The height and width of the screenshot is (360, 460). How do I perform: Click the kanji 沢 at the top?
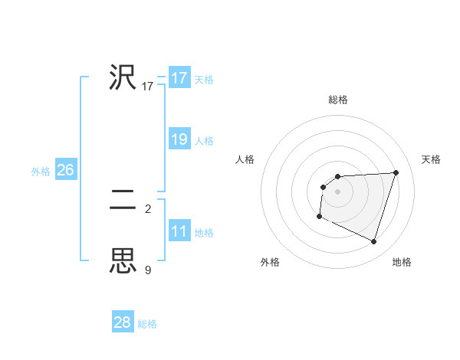coord(123,77)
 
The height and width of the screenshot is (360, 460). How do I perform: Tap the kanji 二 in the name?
coord(123,201)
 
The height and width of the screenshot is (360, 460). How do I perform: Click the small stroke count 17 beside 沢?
coord(148,87)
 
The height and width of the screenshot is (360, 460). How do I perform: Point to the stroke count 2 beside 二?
coord(148,208)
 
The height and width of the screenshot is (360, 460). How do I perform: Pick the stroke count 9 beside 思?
coord(148,270)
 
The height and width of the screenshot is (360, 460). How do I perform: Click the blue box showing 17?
coord(179,78)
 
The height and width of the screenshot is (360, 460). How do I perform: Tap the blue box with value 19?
coord(179,139)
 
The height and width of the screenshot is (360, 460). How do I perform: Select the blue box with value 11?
coord(179,231)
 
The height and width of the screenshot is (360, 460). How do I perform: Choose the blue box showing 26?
coord(66,170)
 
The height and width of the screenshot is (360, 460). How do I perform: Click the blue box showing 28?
coord(123,322)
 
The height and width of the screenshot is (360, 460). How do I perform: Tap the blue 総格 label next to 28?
coord(147,324)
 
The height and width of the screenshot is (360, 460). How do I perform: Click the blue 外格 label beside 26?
coord(41,172)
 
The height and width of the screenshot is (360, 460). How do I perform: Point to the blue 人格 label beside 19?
coord(204,141)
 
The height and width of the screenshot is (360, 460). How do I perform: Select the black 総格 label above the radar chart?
coord(338,100)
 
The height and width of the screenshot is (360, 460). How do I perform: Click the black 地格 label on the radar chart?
coord(402,263)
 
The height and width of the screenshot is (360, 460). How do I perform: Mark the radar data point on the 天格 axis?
coord(396,172)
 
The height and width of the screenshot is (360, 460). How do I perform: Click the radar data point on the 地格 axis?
coord(373,242)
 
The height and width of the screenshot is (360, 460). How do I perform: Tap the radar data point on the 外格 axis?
coord(319,217)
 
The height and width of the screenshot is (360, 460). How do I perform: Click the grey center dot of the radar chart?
coord(337,191)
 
